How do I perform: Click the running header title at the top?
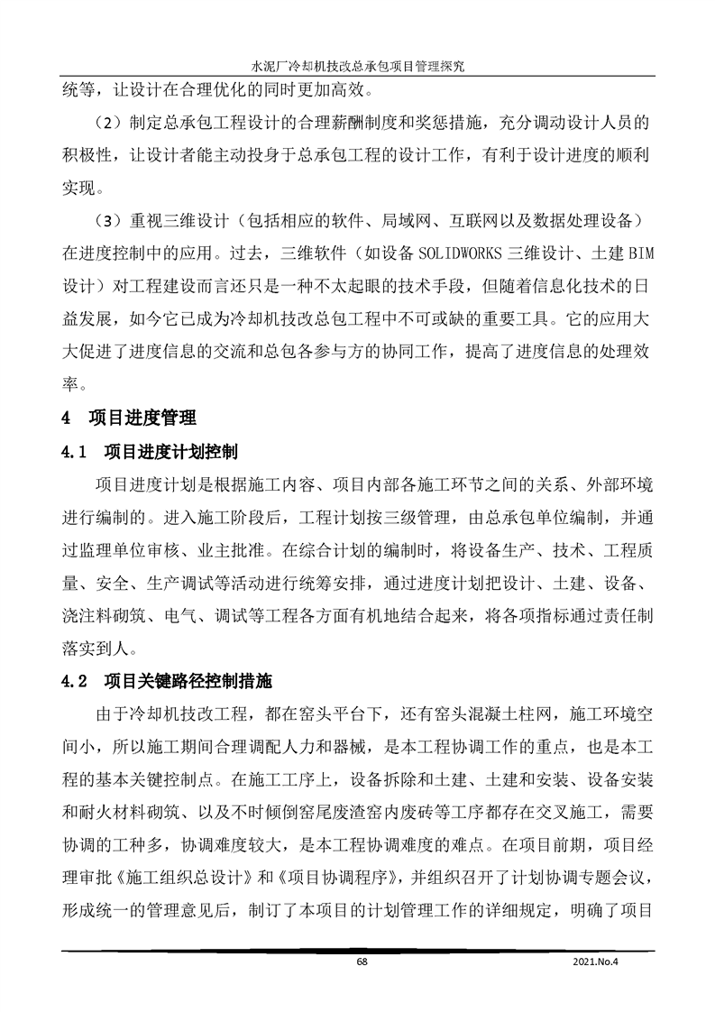[x=357, y=67]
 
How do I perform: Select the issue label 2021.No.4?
[x=598, y=961]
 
